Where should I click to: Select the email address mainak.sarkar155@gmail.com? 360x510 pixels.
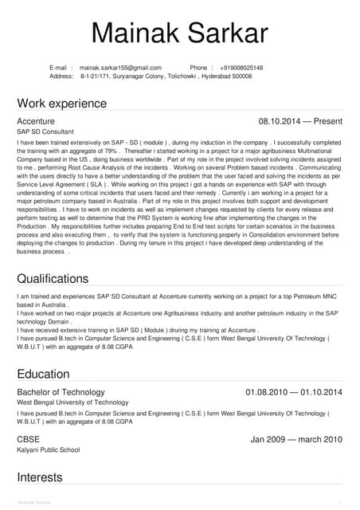120,68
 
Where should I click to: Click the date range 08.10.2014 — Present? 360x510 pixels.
300,121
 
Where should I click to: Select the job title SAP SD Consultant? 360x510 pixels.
45,131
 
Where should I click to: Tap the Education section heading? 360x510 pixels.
44,374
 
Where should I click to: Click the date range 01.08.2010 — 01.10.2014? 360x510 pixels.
294,392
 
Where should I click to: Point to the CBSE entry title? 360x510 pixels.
29,439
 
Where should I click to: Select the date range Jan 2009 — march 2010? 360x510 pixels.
296,439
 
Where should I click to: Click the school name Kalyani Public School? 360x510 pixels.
49,450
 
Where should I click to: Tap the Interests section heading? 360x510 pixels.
40,477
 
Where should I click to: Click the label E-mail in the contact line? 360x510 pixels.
61,68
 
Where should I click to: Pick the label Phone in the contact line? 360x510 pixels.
200,68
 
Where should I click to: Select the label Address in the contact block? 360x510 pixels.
61,76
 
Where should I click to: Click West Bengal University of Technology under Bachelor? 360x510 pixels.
72,403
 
